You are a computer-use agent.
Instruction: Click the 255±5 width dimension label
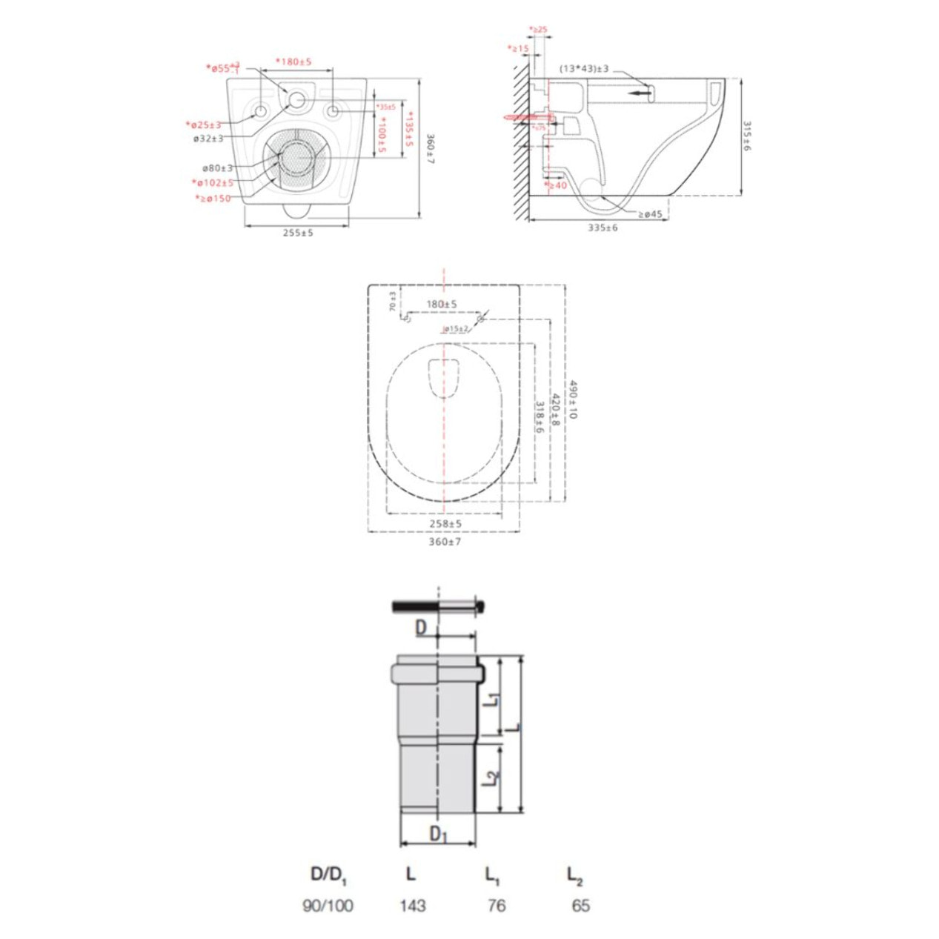pos(297,233)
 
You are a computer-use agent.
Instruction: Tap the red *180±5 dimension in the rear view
pos(293,62)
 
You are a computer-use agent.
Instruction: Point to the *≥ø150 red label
pos(213,199)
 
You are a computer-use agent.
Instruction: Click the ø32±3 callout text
pos(208,139)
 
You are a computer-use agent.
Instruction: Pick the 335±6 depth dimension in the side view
pos(603,228)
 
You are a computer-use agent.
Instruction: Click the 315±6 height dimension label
pos(746,136)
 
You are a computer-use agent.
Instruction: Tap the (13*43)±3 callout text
pos(584,69)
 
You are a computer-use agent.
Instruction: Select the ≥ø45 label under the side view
pos(650,214)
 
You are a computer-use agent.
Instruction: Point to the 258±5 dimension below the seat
pos(445,523)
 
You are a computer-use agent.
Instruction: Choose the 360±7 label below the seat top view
pos(445,542)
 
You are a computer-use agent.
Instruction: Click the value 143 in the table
pos(412,905)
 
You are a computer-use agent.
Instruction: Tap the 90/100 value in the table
pos(328,905)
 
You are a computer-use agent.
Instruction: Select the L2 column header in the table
pos(574,875)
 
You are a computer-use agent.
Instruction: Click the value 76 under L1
pos(496,905)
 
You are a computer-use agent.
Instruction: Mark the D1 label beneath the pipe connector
pos(439,834)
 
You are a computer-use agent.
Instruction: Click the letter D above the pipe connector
pos(420,628)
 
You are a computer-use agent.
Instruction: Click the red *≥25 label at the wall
pos(538,30)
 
